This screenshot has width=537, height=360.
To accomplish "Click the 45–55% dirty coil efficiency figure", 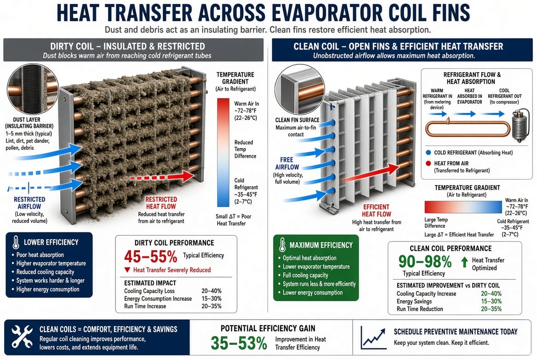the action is [x=151, y=256].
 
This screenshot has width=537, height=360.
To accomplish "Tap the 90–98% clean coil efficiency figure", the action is [x=425, y=262].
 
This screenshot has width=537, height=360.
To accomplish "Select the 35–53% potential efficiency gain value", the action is [x=239, y=343].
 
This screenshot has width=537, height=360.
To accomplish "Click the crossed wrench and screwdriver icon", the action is [x=22, y=337].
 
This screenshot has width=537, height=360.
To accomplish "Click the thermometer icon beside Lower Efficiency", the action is [x=16, y=242].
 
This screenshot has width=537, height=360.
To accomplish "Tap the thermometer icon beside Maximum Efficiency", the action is [x=282, y=245].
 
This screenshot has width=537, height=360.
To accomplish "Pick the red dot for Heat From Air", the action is [x=428, y=163].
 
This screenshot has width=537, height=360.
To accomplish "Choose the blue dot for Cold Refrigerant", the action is [x=428, y=152].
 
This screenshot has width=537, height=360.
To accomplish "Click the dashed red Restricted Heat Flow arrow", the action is [x=160, y=177].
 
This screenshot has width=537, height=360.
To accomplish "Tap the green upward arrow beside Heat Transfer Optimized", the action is [x=464, y=262].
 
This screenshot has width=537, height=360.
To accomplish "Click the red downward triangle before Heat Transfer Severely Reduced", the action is [x=127, y=270].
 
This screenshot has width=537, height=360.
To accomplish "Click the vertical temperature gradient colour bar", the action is [x=223, y=152].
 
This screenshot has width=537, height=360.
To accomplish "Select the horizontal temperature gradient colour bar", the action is [x=463, y=208].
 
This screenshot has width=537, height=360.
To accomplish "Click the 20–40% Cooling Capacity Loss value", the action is [x=211, y=291].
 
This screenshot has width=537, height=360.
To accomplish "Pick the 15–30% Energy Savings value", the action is [x=491, y=301].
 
